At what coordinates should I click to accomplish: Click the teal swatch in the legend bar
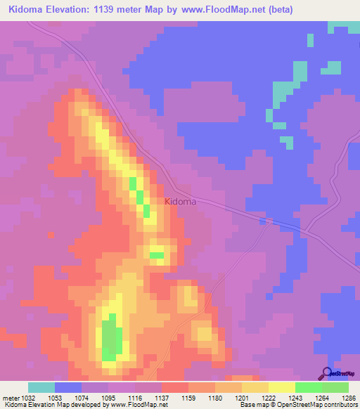pos(41,387)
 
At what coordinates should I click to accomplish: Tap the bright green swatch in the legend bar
pos(308,387)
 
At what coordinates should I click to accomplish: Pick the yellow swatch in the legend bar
pos(281,387)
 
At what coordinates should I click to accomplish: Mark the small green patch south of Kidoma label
pos(157,254)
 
